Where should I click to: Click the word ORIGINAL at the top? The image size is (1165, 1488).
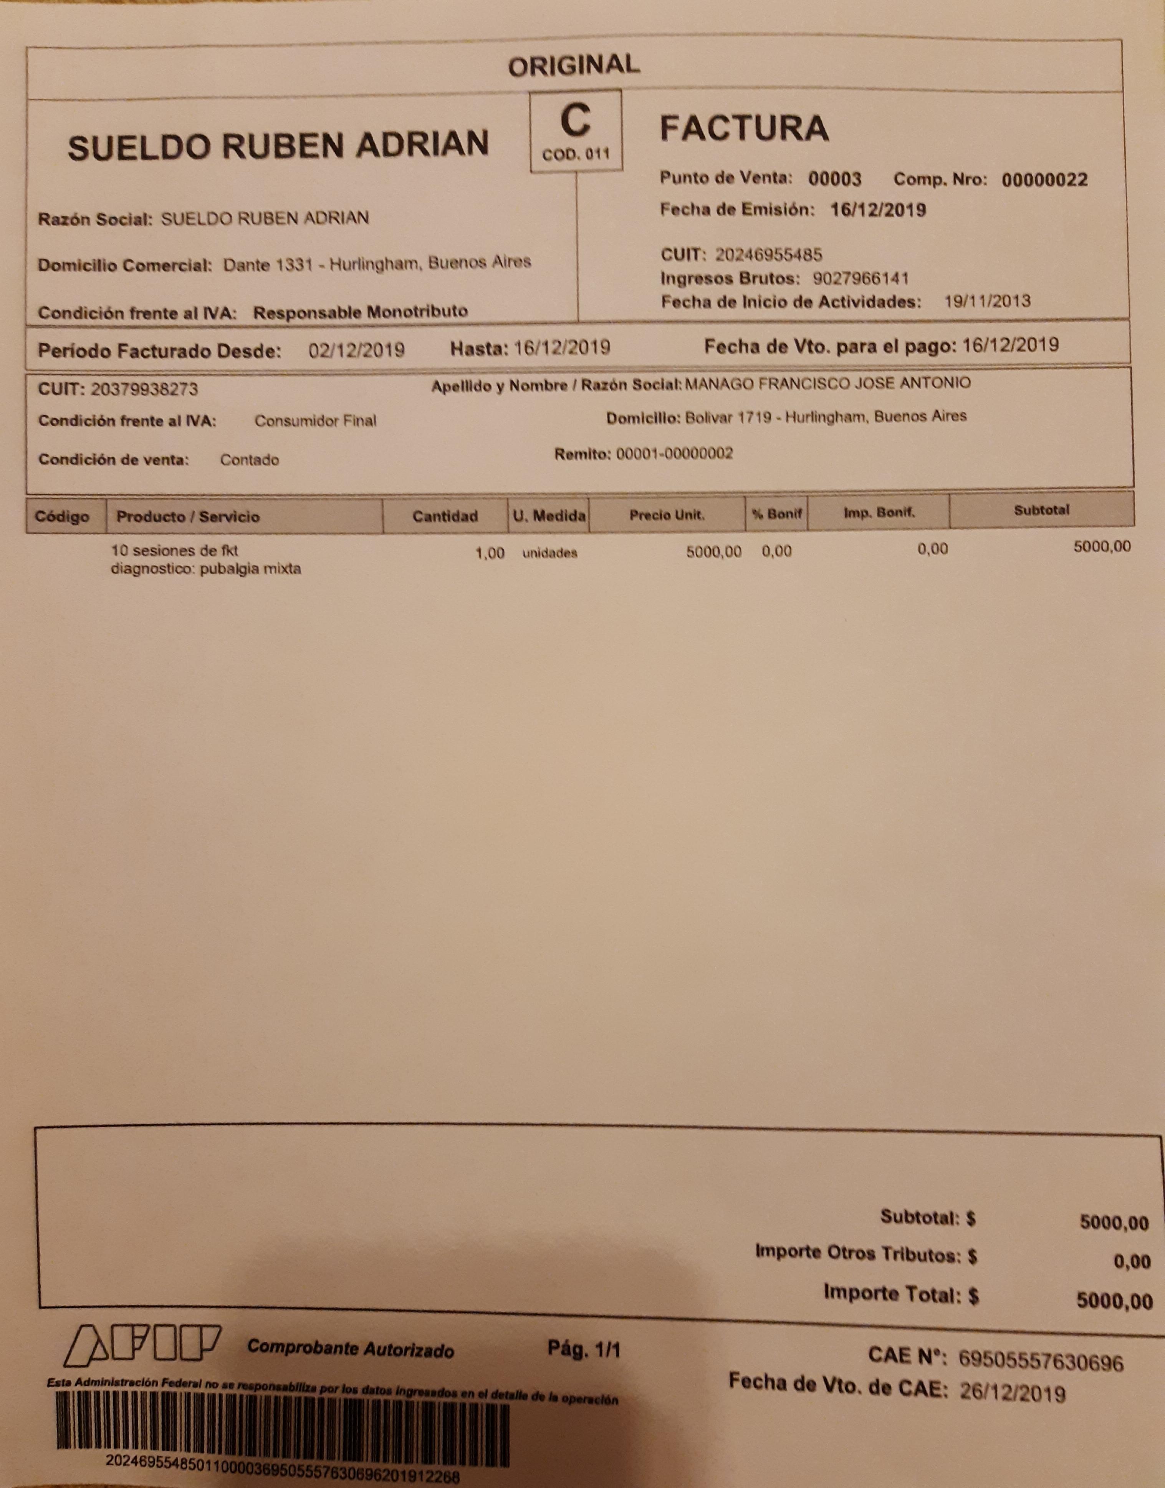[574, 66]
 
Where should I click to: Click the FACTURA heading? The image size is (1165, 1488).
[744, 128]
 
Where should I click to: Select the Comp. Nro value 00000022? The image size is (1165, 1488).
[1044, 180]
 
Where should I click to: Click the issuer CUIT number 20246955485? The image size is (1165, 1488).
[769, 255]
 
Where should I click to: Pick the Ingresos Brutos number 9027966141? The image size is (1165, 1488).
[861, 279]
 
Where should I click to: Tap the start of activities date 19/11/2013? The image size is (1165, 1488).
[987, 301]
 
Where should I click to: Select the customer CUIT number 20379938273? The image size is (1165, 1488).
[144, 390]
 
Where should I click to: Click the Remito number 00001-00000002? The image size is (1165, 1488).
[675, 454]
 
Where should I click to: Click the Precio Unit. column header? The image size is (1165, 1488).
[666, 515]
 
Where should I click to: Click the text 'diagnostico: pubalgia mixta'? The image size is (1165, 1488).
[205, 569]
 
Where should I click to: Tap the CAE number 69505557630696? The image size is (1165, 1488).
[1040, 1362]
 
